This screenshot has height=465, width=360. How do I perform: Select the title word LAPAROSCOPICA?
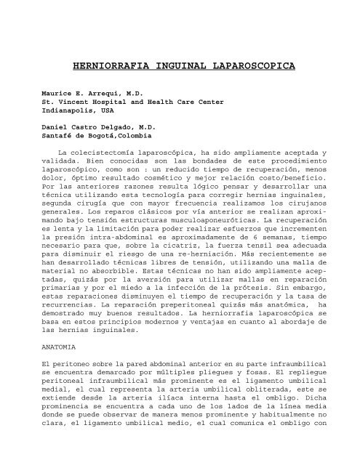click(x=252, y=66)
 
